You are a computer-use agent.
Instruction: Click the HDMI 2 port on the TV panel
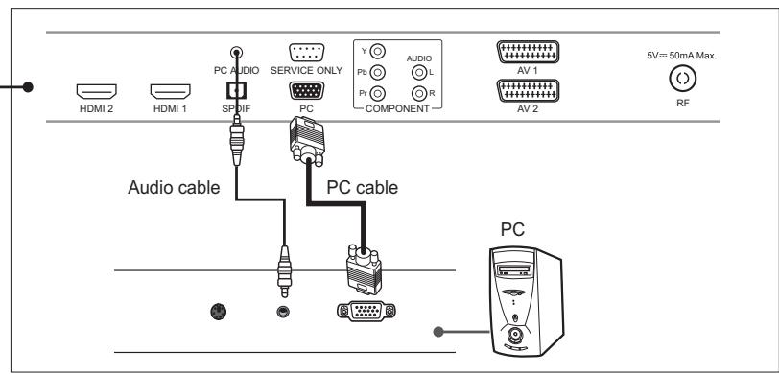(x=96, y=92)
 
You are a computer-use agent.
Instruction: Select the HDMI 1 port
(x=170, y=92)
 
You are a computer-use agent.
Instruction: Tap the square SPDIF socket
(x=230, y=90)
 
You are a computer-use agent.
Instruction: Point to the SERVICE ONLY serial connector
(x=307, y=55)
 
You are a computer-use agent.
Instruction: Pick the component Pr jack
(x=378, y=93)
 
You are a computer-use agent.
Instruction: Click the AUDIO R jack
(x=418, y=93)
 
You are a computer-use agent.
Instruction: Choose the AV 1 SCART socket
(x=525, y=53)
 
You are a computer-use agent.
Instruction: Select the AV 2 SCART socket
(x=525, y=90)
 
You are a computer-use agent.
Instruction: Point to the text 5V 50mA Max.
(x=682, y=56)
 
